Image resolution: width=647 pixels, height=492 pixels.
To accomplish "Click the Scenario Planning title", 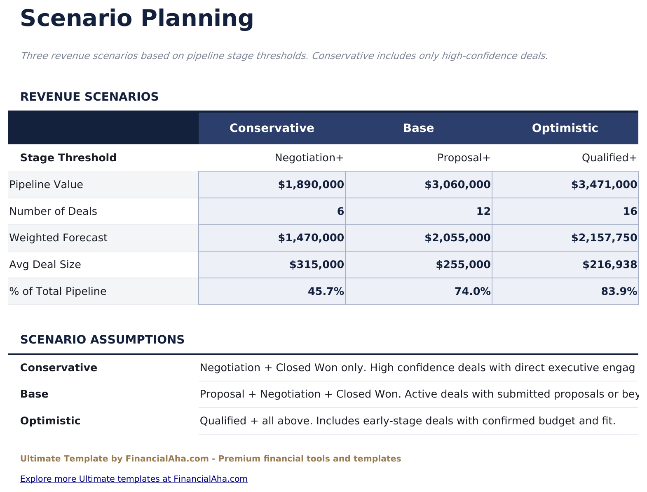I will point(136,19).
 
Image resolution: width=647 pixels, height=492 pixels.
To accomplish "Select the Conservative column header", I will point(272,128).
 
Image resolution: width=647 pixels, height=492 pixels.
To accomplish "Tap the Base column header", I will point(418,128).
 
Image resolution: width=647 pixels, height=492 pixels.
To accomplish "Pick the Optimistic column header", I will point(565,128).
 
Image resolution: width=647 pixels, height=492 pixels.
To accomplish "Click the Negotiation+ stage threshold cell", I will point(309,158).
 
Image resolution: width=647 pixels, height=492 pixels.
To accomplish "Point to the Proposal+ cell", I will point(464,158).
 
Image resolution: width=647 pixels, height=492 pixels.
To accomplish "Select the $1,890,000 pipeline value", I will point(311,185).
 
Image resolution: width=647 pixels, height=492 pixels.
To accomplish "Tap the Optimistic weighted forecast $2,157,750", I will point(604,238).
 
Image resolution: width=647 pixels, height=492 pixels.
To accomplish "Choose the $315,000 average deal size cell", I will point(316,265).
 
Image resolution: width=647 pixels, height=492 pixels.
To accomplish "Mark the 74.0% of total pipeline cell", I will point(472,292).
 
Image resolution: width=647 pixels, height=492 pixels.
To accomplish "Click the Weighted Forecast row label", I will point(58,238).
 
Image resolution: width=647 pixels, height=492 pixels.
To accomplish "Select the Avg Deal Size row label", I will point(45,265).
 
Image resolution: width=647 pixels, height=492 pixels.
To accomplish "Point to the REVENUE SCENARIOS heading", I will point(89,97).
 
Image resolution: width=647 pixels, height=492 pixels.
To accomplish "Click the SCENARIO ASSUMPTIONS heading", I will point(102,340).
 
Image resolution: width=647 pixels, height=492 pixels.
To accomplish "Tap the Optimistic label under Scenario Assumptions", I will point(50,421).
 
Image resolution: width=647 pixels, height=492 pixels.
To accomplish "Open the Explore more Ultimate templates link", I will point(134,479).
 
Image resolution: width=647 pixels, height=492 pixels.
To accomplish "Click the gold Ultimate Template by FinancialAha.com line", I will point(210,459).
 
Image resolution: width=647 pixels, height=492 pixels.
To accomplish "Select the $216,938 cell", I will point(609,265).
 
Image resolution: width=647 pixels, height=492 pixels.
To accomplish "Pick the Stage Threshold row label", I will point(68,158).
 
